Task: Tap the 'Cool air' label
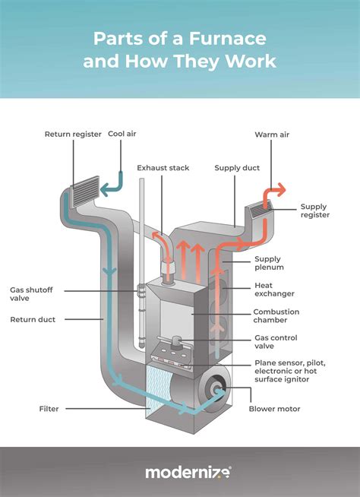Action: pos(122,135)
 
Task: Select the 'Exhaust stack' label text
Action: pos(163,167)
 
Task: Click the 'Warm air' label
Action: pos(271,135)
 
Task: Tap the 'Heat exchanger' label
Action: pos(274,289)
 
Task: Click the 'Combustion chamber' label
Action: pos(276,316)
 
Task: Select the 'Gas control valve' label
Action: pos(274,341)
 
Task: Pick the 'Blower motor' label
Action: pos(274,409)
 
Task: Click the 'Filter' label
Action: pos(49,409)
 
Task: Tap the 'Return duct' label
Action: pos(33,319)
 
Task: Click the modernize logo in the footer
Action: pos(188,472)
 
